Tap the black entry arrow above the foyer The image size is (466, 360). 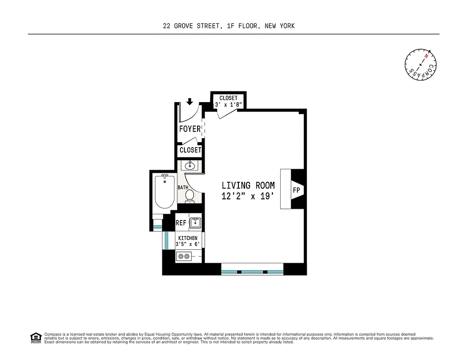click(190, 101)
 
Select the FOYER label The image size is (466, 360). click(190, 129)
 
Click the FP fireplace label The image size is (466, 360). click(296, 190)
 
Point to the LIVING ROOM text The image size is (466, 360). click(248, 185)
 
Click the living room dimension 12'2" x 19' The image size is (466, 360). click(248, 196)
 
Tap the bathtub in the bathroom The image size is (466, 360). click(164, 191)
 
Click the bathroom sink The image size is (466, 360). click(190, 165)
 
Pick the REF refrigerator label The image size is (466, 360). click(181, 223)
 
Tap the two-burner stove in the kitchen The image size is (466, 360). click(184, 256)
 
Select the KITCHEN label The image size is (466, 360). click(188, 238)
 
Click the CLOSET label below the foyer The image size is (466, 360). click(190, 150)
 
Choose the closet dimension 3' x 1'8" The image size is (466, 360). click(229, 104)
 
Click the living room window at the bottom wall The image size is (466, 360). click(252, 272)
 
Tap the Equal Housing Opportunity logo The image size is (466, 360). click(35, 337)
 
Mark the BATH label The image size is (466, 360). click(183, 187)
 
